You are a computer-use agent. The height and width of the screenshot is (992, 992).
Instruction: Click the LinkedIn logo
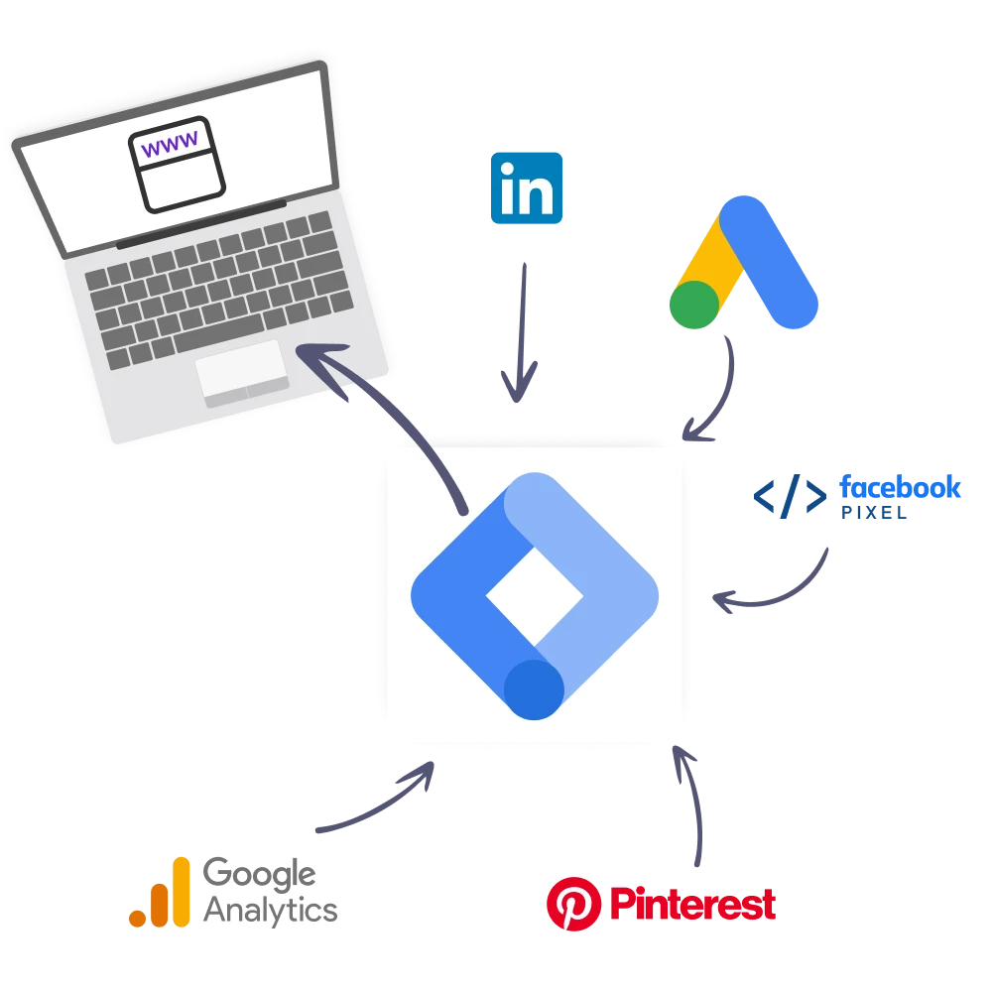coord(526,187)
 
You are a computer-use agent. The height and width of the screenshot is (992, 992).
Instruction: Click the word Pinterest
coord(691,903)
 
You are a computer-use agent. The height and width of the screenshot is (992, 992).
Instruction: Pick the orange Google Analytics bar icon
coord(160,892)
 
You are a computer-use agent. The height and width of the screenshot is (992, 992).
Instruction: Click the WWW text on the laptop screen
coord(170,147)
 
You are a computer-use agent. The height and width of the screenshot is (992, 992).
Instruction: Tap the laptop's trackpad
coord(242,373)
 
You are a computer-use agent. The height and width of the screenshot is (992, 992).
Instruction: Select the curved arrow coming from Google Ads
coord(723,397)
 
